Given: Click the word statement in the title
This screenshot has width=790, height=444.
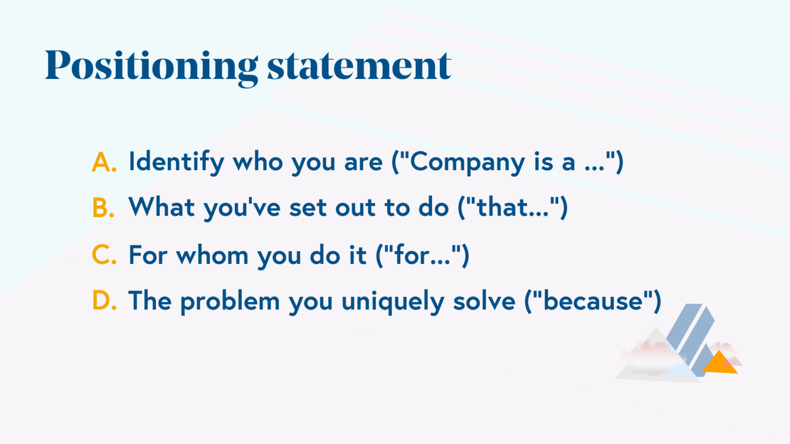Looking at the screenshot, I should [359, 67].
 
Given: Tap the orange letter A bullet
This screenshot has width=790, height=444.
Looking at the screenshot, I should [104, 162].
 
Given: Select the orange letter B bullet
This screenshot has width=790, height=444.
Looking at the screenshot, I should [103, 208].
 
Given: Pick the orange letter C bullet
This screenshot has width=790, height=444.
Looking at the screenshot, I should [104, 256].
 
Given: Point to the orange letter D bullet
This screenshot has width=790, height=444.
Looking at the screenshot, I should [104, 301].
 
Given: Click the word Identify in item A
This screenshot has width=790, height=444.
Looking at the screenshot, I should [176, 162].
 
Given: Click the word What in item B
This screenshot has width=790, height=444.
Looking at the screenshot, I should [161, 207].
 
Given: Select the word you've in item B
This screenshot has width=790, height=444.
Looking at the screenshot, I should [242, 208].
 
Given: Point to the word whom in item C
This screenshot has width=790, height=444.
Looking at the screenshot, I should [212, 256].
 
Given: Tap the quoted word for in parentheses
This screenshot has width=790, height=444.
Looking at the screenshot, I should [412, 256].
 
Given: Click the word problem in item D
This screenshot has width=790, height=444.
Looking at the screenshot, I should [230, 301].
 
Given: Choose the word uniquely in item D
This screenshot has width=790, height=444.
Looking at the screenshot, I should [393, 301].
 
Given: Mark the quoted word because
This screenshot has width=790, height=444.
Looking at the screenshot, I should [592, 301].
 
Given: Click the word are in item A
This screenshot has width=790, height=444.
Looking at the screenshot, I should [363, 162].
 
